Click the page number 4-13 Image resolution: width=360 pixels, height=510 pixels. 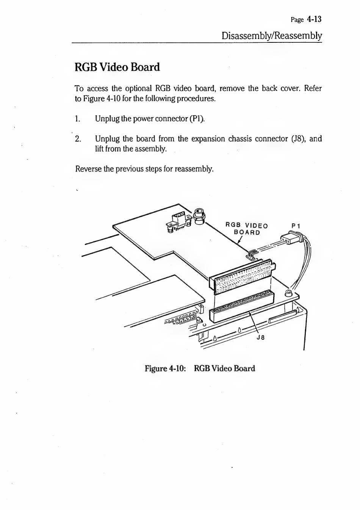(x=314, y=19)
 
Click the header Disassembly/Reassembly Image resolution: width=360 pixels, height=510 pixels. (x=272, y=36)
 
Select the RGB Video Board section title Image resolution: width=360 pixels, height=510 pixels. (x=117, y=67)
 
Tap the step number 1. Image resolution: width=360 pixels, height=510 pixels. (x=77, y=119)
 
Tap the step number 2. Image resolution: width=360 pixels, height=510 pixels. (x=78, y=139)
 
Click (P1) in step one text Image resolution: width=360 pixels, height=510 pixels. (x=197, y=119)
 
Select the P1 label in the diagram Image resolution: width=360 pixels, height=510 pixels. (x=296, y=226)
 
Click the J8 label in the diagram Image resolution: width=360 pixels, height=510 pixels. (x=260, y=338)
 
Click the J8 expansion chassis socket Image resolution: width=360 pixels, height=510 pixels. (x=241, y=306)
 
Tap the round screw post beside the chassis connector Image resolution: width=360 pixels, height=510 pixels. (x=288, y=293)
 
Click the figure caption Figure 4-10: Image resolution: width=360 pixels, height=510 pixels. (x=165, y=368)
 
